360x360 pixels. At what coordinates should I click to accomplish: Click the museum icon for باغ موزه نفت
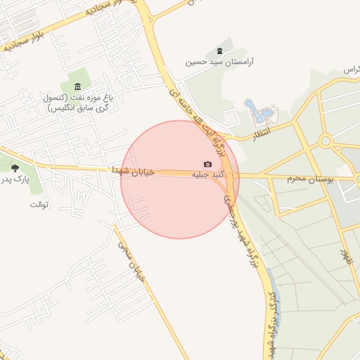pyautogui.click(x=77, y=86)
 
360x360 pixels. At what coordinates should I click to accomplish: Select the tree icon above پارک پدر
pyautogui.click(x=15, y=168)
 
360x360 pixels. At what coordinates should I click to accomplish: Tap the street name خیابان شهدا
pyautogui.click(x=129, y=169)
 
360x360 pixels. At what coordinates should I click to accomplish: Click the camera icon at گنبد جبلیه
pyautogui.click(x=207, y=164)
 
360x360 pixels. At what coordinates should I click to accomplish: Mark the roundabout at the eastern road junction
pyautogui.click(x=325, y=141)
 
